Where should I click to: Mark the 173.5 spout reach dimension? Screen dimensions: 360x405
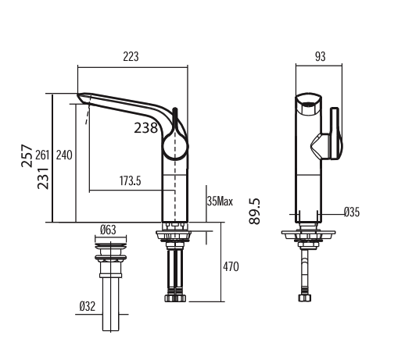coord(131,181)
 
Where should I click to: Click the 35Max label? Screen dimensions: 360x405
coord(220,201)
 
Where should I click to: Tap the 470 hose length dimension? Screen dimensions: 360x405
coord(231,267)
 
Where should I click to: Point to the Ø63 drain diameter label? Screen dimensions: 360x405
coord(108,230)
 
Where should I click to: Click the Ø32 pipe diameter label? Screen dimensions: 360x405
coord(87,307)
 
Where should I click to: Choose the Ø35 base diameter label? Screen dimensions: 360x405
coord(351,212)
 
